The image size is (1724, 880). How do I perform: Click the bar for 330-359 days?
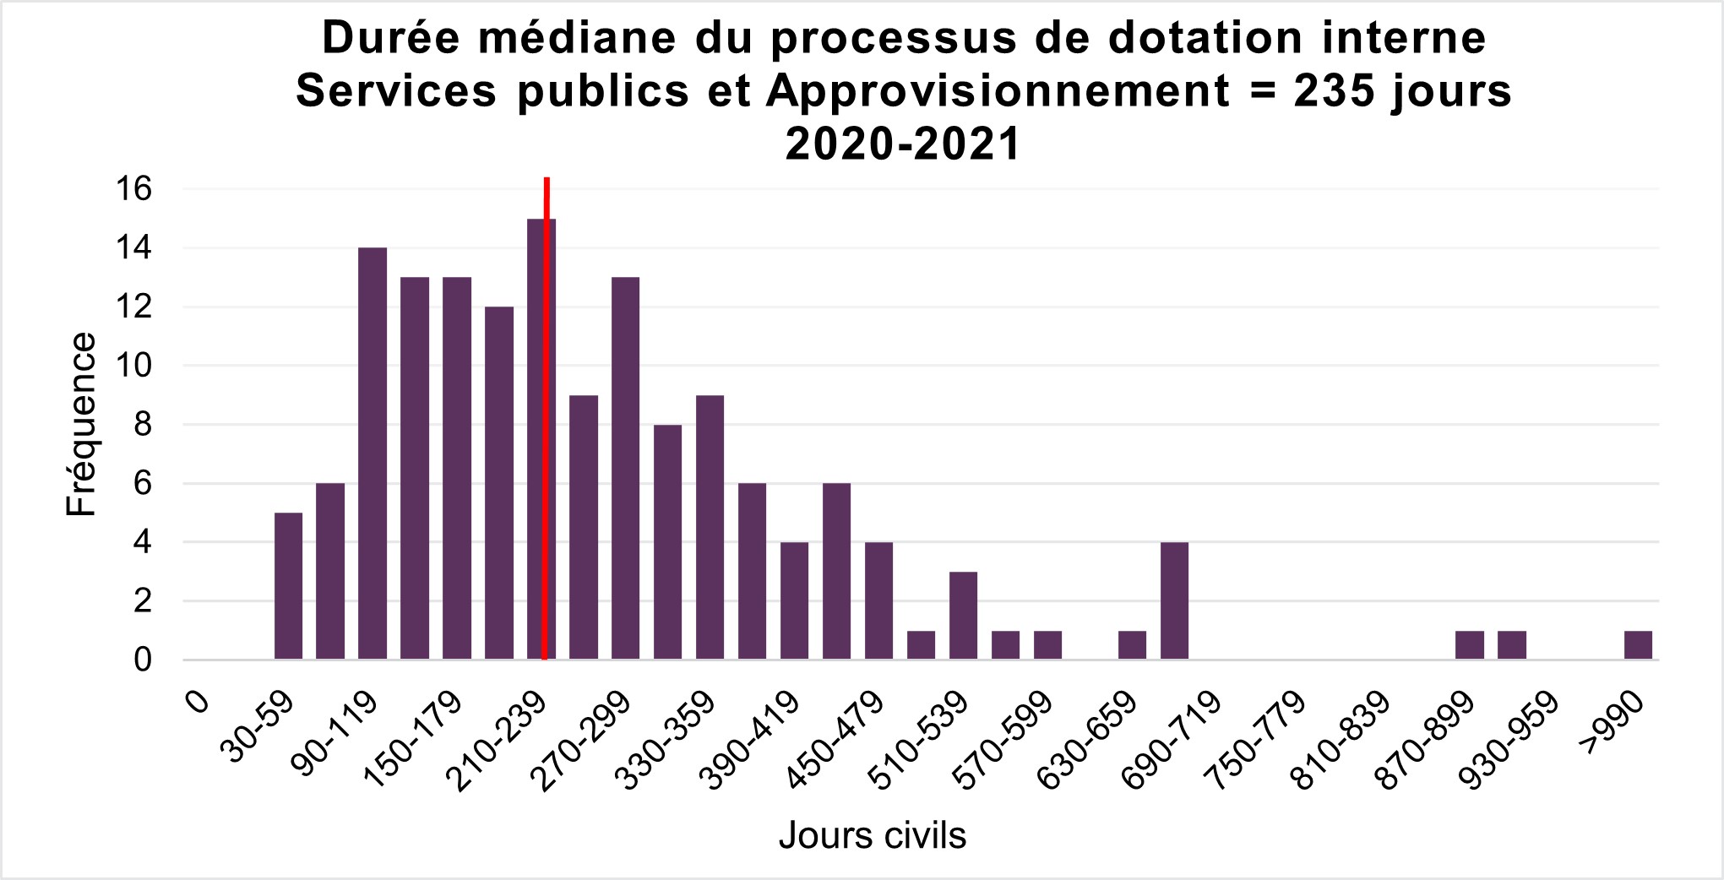(x=710, y=527)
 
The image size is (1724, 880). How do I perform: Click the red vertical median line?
(x=547, y=338)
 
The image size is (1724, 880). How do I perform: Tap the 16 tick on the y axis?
(x=134, y=189)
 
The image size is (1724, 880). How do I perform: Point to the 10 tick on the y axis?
(x=134, y=366)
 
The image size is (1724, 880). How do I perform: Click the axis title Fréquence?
(x=82, y=424)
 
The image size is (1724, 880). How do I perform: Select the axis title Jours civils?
(x=872, y=835)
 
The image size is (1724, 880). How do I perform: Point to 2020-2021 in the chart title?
(x=903, y=144)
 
